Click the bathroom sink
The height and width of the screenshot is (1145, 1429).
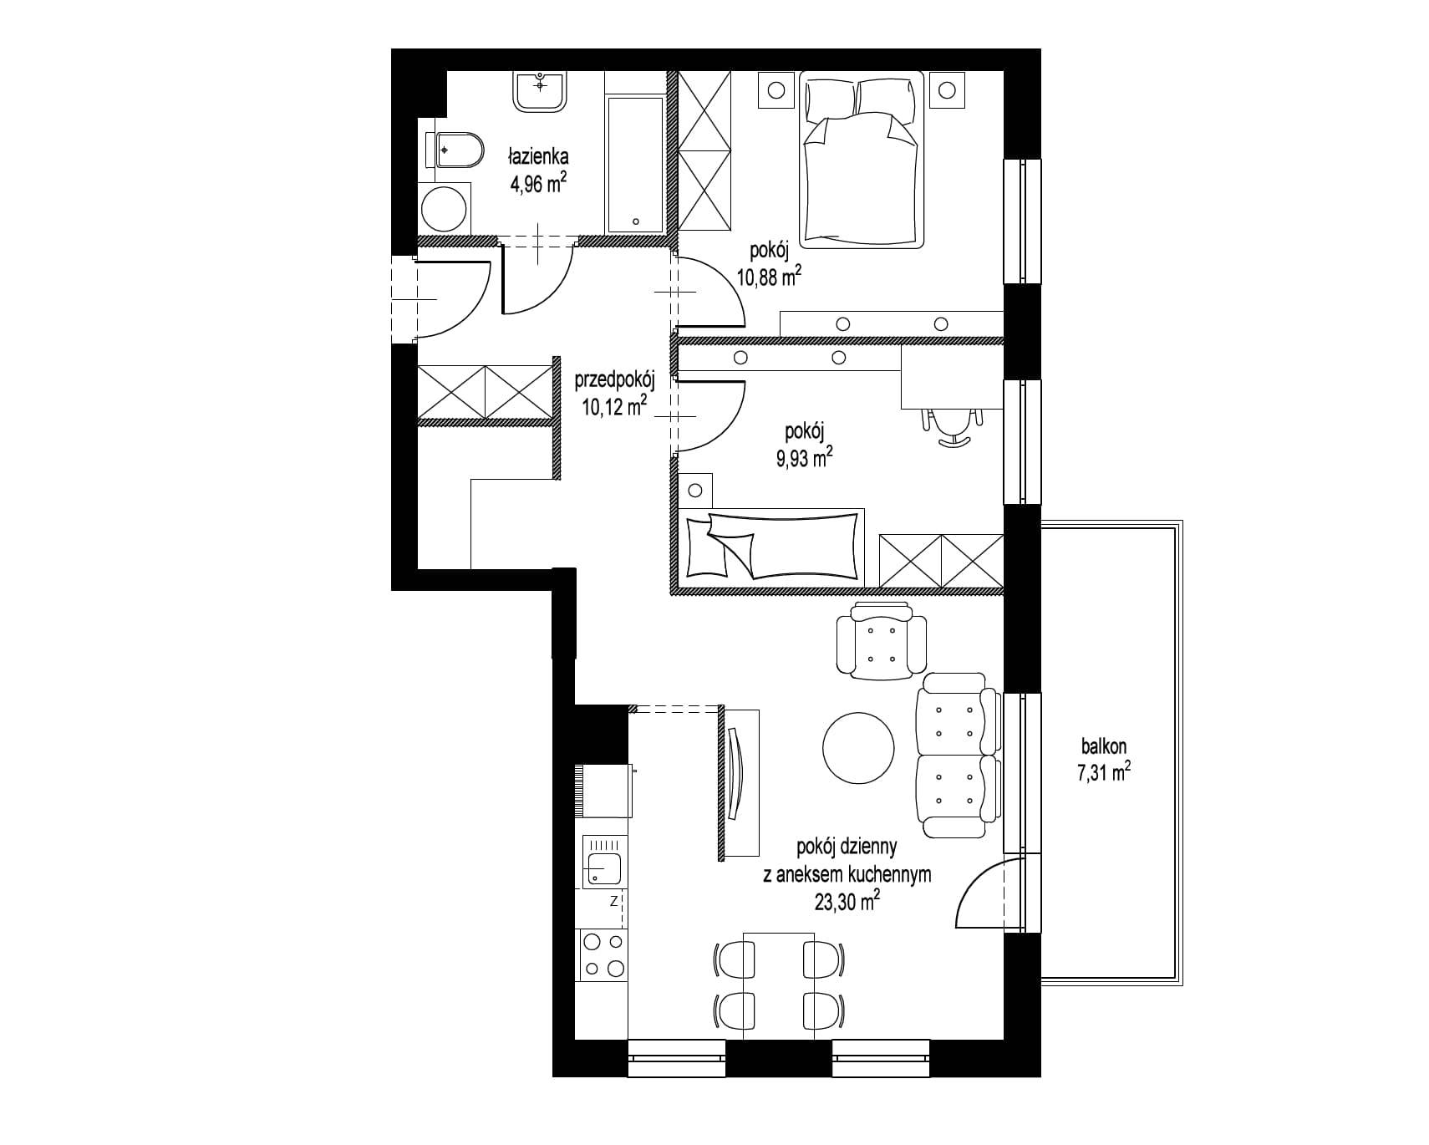point(541,90)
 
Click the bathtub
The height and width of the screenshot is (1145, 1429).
point(635,165)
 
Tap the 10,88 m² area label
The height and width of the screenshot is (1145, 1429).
point(769,276)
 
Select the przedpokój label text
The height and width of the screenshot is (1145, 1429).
point(614,382)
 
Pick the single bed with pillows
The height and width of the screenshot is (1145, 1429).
point(772,544)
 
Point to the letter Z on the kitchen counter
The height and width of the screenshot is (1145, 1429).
point(613,901)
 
